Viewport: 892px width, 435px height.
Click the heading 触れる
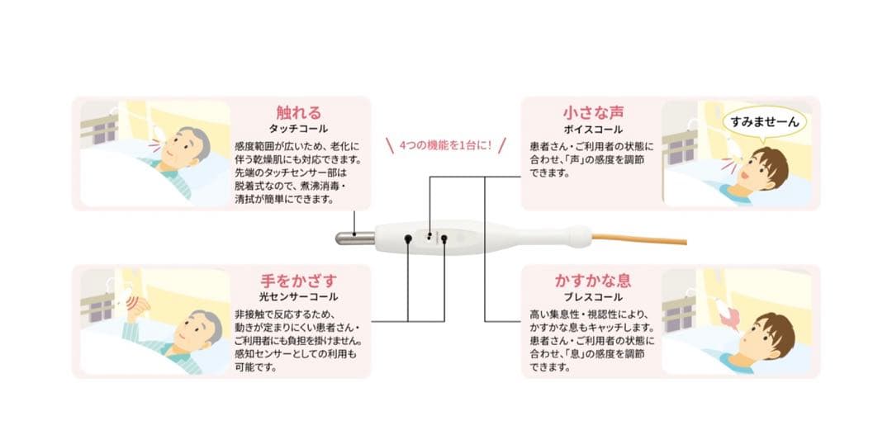(x=298, y=113)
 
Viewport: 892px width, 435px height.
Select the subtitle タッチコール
(x=298, y=130)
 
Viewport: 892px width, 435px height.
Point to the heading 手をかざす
(x=298, y=281)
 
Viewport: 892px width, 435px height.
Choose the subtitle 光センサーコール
(x=298, y=297)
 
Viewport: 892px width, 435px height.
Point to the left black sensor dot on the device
(x=408, y=239)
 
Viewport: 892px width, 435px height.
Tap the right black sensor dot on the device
(x=444, y=239)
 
